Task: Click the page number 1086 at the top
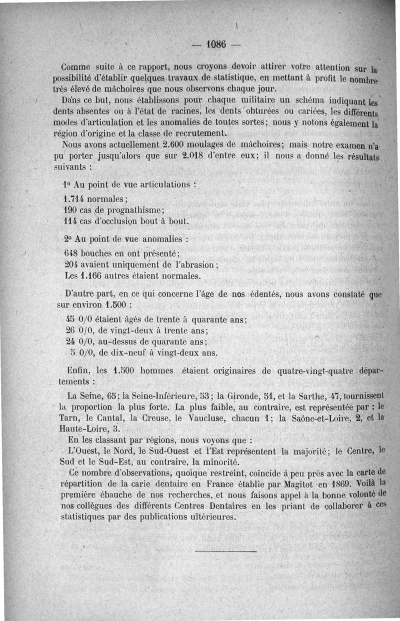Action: coord(216,44)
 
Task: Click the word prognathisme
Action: coord(136,209)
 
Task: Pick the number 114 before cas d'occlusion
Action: coord(73,220)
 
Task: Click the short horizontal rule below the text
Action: coord(225,551)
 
